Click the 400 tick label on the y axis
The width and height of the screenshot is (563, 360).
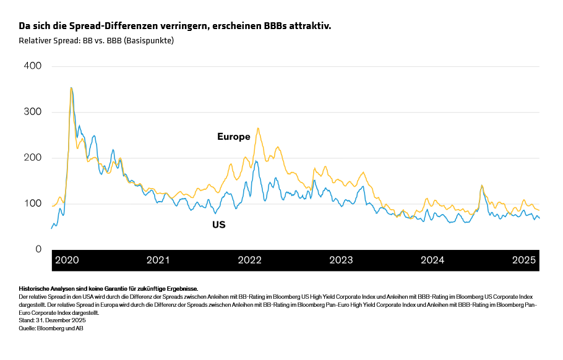[x=32, y=66]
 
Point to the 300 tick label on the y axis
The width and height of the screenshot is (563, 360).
[x=32, y=112]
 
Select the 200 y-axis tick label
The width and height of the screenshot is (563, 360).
[x=32, y=158]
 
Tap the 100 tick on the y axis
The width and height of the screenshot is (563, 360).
[x=32, y=204]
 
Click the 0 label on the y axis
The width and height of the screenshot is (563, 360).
[x=38, y=249]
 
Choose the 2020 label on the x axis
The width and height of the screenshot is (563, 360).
[x=67, y=260]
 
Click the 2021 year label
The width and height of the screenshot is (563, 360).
[x=158, y=260]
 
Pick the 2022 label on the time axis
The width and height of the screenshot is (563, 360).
[x=249, y=260]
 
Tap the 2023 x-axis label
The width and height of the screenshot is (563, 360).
[x=341, y=260]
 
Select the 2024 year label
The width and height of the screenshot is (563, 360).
[x=432, y=260]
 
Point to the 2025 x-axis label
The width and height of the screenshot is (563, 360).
[x=523, y=260]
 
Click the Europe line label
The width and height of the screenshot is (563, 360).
[x=233, y=137]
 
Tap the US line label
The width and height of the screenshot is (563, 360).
[x=219, y=225]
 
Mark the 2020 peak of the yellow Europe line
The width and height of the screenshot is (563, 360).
[x=71, y=88]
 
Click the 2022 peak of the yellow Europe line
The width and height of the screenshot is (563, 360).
[x=257, y=128]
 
